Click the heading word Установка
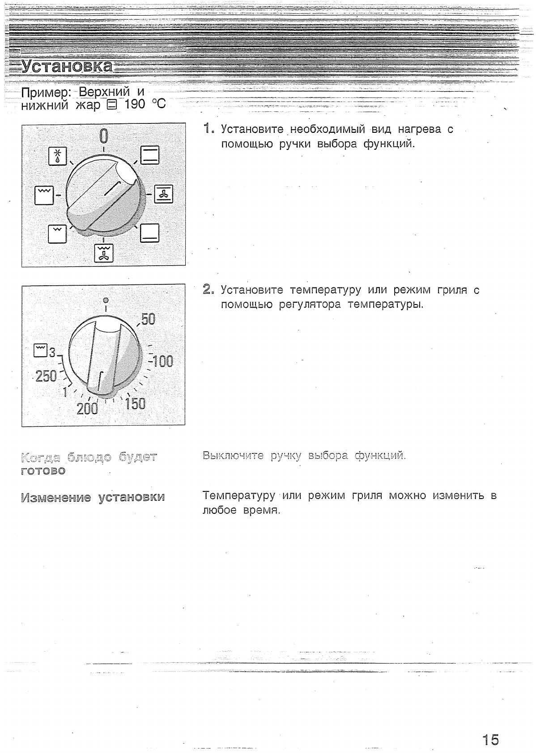(x=68, y=66)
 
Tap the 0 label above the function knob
(x=103, y=135)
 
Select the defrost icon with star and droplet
(x=57, y=156)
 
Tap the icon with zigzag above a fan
(x=104, y=253)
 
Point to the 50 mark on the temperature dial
(x=148, y=319)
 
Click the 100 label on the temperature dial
(x=163, y=361)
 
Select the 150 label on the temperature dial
(x=135, y=403)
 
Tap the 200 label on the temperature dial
(x=87, y=408)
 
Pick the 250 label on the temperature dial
(x=46, y=376)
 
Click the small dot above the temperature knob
(x=106, y=300)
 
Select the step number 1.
(x=207, y=129)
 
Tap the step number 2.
(x=207, y=289)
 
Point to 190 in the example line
(x=135, y=104)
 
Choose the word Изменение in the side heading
(x=56, y=497)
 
